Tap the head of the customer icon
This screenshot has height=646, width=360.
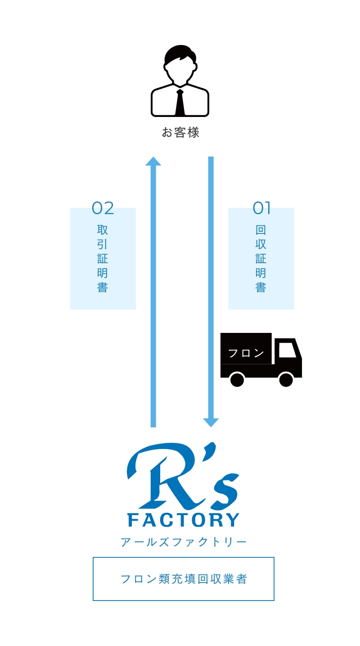click(x=180, y=65)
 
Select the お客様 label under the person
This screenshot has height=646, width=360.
click(x=180, y=132)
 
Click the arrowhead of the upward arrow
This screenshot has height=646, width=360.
click(x=153, y=161)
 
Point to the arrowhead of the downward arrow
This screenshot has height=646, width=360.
click(x=211, y=422)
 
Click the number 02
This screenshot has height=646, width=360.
click(x=103, y=208)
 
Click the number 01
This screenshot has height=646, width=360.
click(x=261, y=208)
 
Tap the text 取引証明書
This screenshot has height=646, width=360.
click(x=103, y=258)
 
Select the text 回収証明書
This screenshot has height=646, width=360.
click(x=261, y=258)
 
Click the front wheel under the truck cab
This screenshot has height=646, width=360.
click(x=286, y=379)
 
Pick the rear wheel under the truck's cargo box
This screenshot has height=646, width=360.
click(x=237, y=379)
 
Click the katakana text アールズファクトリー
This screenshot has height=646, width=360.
click(x=184, y=542)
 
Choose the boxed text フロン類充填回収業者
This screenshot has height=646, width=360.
click(x=184, y=579)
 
